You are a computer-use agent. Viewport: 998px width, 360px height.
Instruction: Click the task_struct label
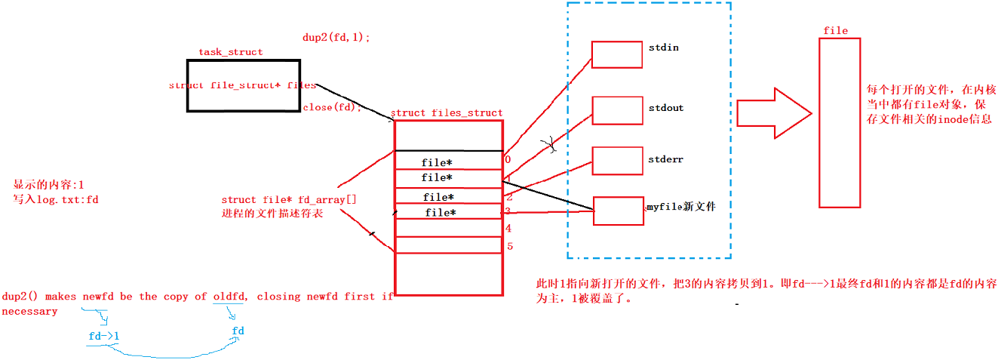pos(230,52)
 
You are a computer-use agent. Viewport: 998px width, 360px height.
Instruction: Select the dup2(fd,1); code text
pos(336,37)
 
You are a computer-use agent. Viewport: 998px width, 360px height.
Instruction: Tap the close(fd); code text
pos(332,107)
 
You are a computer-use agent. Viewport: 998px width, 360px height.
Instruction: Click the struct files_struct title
pos(447,113)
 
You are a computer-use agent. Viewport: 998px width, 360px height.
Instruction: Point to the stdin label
pos(663,48)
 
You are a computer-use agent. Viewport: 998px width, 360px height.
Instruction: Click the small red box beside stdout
pos(616,110)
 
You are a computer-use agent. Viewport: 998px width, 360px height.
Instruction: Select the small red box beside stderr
pos(616,160)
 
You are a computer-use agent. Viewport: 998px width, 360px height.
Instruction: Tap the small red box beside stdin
pos(616,54)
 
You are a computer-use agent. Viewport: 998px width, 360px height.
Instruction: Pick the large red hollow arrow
pos(773,113)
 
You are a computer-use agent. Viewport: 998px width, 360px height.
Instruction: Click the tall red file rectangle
pos(839,122)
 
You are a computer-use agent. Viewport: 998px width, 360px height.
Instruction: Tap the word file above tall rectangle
pos(835,31)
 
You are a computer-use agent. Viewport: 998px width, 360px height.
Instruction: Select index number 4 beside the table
pos(508,228)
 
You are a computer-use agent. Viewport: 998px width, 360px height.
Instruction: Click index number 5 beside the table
pos(509,246)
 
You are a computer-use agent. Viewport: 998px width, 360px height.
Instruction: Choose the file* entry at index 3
pos(440,213)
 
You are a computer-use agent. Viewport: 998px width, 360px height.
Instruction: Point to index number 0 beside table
pos(508,159)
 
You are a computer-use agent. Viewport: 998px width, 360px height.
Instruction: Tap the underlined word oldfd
pos(229,297)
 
